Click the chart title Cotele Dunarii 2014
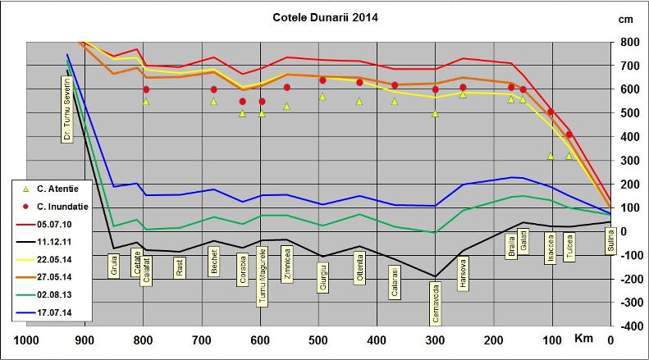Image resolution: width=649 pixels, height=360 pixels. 326,16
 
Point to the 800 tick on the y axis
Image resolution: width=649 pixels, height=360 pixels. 630,42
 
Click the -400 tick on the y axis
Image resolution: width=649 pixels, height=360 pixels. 628,326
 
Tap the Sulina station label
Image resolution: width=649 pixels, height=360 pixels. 610,242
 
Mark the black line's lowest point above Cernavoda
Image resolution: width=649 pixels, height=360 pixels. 434,276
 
